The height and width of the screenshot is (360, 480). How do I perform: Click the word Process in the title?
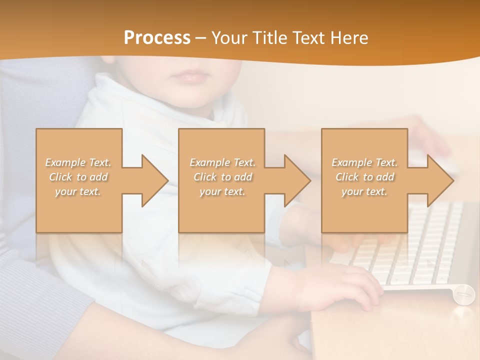(157, 38)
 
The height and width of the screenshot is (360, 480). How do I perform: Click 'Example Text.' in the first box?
(78, 162)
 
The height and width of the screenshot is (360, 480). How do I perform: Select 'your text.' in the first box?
(78, 191)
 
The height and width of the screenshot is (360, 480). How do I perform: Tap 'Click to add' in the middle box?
(222, 177)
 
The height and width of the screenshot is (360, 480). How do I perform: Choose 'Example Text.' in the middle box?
(222, 162)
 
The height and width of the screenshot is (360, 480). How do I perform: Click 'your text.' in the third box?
(364, 191)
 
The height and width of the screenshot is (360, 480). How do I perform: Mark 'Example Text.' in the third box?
(364, 162)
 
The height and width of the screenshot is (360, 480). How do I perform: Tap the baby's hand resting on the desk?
(345, 285)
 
